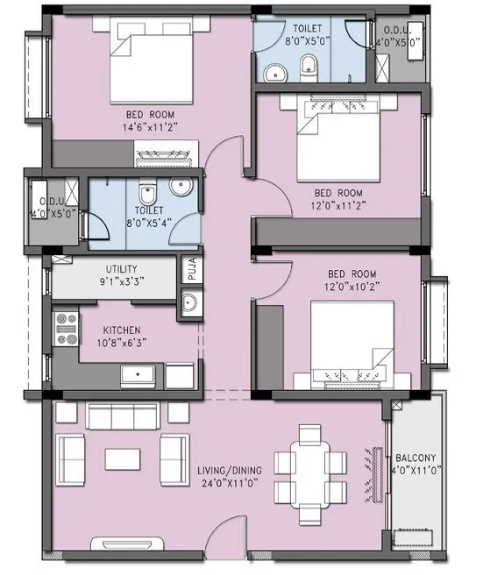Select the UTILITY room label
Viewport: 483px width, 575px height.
coord(121,269)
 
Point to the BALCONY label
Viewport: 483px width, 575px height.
coord(415,458)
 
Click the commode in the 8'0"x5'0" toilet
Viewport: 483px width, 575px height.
coord(309,65)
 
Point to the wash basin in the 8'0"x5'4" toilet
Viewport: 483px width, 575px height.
coord(181,187)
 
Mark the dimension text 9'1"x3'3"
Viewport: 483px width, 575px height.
coord(121,282)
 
